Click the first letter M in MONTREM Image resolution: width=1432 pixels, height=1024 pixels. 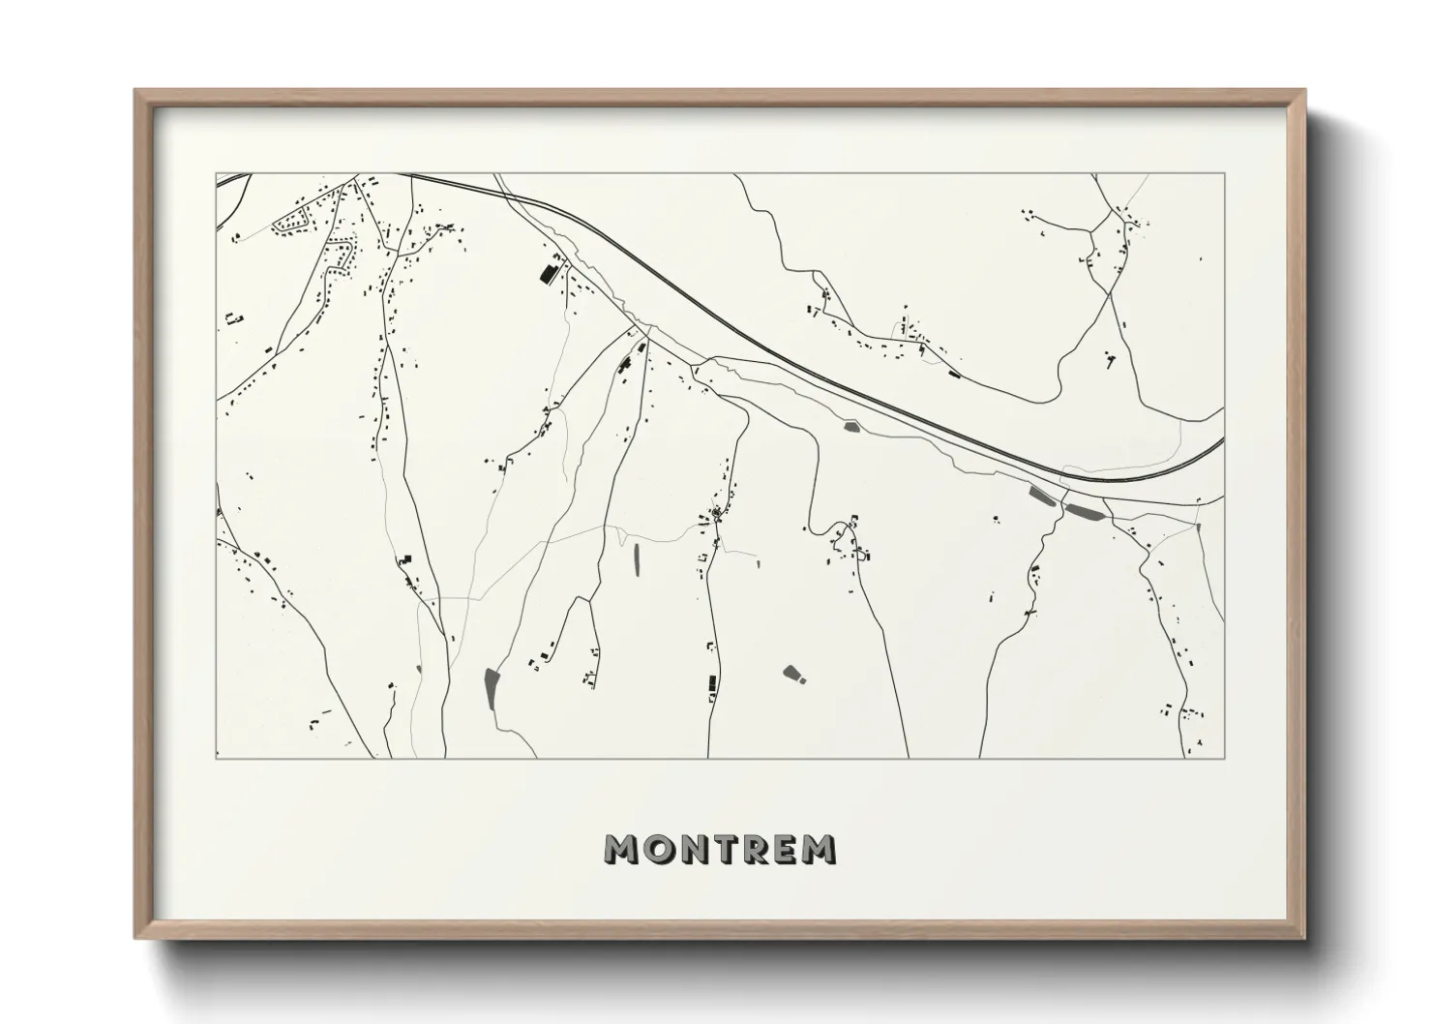[x=621, y=849]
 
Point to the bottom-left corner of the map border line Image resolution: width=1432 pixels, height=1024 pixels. [x=216, y=758]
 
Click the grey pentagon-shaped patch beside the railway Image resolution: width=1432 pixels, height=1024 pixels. [x=851, y=425]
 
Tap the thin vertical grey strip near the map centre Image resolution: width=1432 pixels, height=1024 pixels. [x=636, y=559]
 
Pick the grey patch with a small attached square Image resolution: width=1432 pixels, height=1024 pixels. [x=794, y=673]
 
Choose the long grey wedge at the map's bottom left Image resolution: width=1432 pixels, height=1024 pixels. [x=490, y=688]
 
